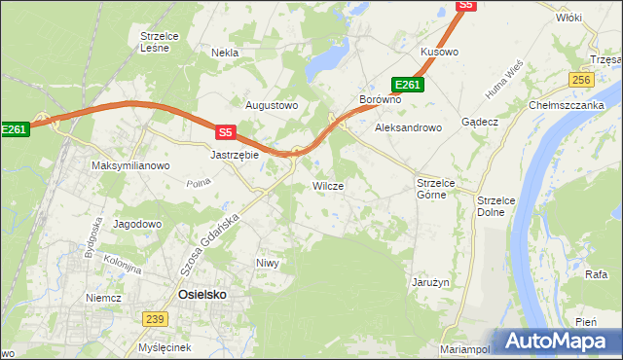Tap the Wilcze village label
(x=327, y=185)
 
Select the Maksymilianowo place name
(x=130, y=165)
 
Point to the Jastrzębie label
(x=235, y=154)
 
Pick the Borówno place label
(x=381, y=100)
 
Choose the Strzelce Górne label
(x=430, y=189)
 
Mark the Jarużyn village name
(x=428, y=281)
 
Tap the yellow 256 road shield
(x=582, y=80)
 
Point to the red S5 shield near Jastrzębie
(x=226, y=131)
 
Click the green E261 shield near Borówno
(x=407, y=85)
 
